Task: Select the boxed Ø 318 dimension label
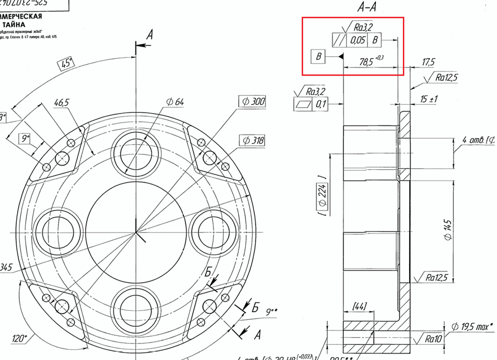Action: (253, 140)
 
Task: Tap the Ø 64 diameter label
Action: (175, 102)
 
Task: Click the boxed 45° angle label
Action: (66, 64)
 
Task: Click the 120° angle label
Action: (20, 339)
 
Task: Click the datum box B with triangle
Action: (319, 56)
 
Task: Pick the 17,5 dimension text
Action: (428, 63)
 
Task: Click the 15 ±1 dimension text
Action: (428, 100)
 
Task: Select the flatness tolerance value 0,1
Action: (320, 104)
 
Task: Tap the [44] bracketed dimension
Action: (360, 305)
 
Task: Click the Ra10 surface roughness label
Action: (433, 339)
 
